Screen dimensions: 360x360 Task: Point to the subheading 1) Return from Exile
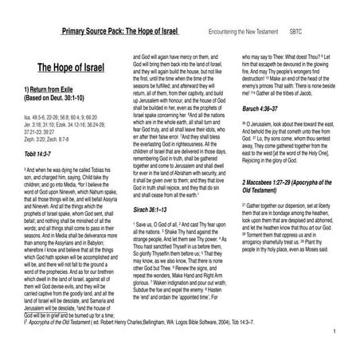53,90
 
